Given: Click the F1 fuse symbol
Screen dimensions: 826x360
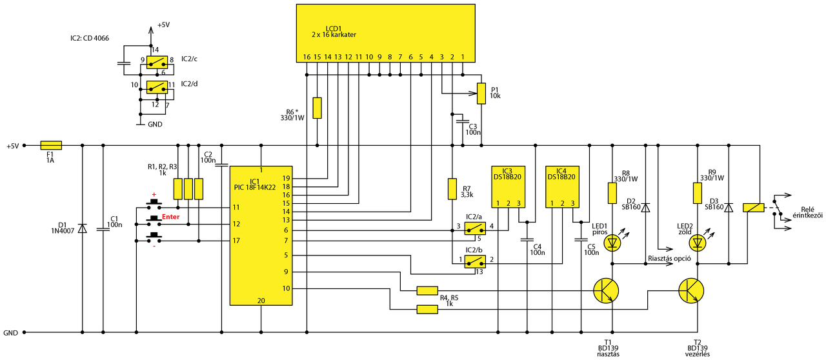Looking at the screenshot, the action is pyautogui.click(x=51, y=145).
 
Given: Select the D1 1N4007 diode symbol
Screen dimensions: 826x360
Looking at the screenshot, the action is pyautogui.click(x=82, y=228).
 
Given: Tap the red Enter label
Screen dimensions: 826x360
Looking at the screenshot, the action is pyautogui.click(x=171, y=217).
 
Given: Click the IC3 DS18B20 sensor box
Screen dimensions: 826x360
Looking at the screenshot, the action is pyautogui.click(x=508, y=186).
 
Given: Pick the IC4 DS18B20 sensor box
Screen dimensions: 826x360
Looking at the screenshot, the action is pyautogui.click(x=562, y=186).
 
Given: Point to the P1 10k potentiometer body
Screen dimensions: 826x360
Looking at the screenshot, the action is pyautogui.click(x=481, y=94).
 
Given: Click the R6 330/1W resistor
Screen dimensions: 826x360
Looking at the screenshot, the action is pyautogui.click(x=317, y=108).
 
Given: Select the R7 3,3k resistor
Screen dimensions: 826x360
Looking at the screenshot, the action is pyautogui.click(x=452, y=189).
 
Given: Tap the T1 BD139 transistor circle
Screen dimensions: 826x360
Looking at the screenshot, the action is pyautogui.click(x=606, y=291).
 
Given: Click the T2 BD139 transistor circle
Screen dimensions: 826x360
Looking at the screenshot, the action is pyautogui.click(x=691, y=291).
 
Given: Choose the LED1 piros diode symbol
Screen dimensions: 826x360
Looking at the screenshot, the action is pyautogui.click(x=612, y=243).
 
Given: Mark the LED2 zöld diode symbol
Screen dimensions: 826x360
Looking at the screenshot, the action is pyautogui.click(x=698, y=243).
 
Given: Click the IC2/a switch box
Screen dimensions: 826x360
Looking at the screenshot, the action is pyautogui.click(x=475, y=228).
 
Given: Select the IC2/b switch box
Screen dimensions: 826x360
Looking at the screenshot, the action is pyautogui.click(x=475, y=261).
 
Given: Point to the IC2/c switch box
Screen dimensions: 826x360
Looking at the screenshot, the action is pyautogui.click(x=157, y=63).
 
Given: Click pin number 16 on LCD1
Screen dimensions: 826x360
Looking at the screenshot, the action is pyautogui.click(x=307, y=57).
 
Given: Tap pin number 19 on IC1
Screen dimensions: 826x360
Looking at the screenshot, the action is pyautogui.click(x=287, y=179).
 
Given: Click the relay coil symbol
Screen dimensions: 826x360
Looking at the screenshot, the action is pyautogui.click(x=753, y=208).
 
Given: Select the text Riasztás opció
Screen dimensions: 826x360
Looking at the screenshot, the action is pyautogui.click(x=669, y=259).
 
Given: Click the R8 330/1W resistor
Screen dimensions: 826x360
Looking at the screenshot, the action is pyautogui.click(x=612, y=193).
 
